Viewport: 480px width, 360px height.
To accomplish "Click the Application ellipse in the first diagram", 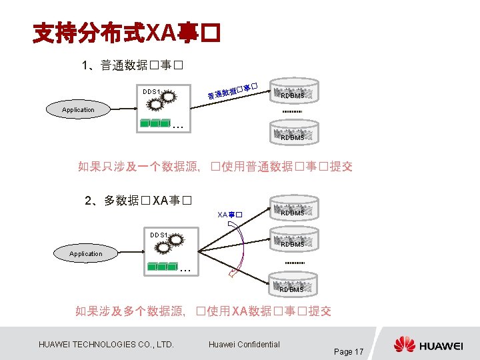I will point(79,109).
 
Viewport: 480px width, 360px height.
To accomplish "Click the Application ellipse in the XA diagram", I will point(86,253).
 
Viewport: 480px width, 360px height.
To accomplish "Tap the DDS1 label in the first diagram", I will point(151,91).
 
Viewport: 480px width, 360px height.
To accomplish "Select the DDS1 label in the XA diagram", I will point(158,235).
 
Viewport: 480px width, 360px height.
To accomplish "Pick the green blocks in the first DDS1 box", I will point(155,123).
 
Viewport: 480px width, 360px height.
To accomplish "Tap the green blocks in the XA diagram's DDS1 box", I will point(162,267).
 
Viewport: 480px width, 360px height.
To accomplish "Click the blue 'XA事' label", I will point(229,215).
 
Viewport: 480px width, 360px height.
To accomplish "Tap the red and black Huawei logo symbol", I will point(404,345).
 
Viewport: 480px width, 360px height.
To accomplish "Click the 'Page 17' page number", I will point(348,351).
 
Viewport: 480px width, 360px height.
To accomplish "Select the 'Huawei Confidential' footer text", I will point(244,344).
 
